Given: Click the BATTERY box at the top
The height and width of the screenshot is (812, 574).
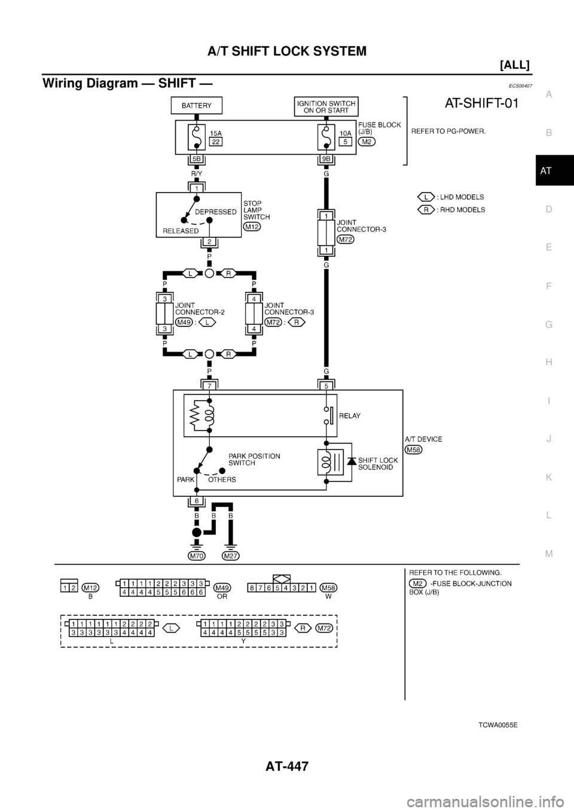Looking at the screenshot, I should click(197, 106).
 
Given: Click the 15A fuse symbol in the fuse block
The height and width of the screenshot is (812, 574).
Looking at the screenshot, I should click(196, 138).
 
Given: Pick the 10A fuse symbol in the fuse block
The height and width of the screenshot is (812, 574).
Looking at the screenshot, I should click(326, 138).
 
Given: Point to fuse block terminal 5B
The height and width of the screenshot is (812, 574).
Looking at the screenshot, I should click(196, 159).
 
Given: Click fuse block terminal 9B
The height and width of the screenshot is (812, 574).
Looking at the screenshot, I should click(326, 159).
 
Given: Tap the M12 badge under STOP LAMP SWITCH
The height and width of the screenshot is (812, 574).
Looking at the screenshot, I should click(252, 227).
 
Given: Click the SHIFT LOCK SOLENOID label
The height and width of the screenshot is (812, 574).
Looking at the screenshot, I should click(376, 463).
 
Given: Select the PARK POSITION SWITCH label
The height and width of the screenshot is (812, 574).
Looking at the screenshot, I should click(254, 459).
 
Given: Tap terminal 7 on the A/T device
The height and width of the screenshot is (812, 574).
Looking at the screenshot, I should click(209, 386).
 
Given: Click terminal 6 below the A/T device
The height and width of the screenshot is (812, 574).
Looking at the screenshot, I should click(196, 500).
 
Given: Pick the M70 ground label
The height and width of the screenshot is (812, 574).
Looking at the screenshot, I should click(196, 555).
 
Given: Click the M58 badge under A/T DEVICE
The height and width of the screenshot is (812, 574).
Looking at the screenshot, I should click(413, 450).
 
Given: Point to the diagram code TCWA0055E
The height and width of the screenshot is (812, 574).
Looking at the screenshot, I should click(498, 725).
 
